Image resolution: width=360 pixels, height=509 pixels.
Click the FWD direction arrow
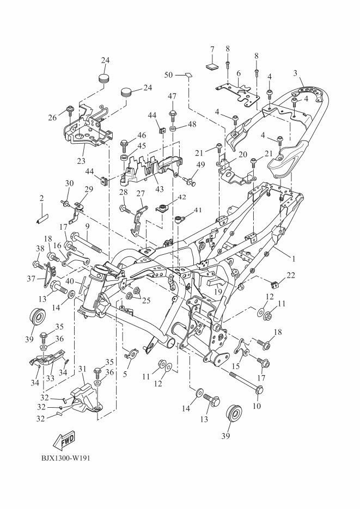click(x=64, y=439)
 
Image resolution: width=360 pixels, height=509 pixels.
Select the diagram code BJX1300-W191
click(x=57, y=458)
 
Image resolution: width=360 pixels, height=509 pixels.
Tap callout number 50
click(x=168, y=74)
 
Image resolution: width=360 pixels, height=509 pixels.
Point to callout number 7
click(x=212, y=50)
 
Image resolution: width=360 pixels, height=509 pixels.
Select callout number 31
click(x=83, y=369)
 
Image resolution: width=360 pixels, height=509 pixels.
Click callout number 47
click(x=172, y=96)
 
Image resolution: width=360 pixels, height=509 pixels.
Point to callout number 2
click(x=41, y=200)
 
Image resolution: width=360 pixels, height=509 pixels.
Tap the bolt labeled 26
click(x=71, y=111)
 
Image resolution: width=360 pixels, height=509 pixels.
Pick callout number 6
click(x=238, y=73)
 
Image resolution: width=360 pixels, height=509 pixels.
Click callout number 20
click(x=242, y=155)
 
